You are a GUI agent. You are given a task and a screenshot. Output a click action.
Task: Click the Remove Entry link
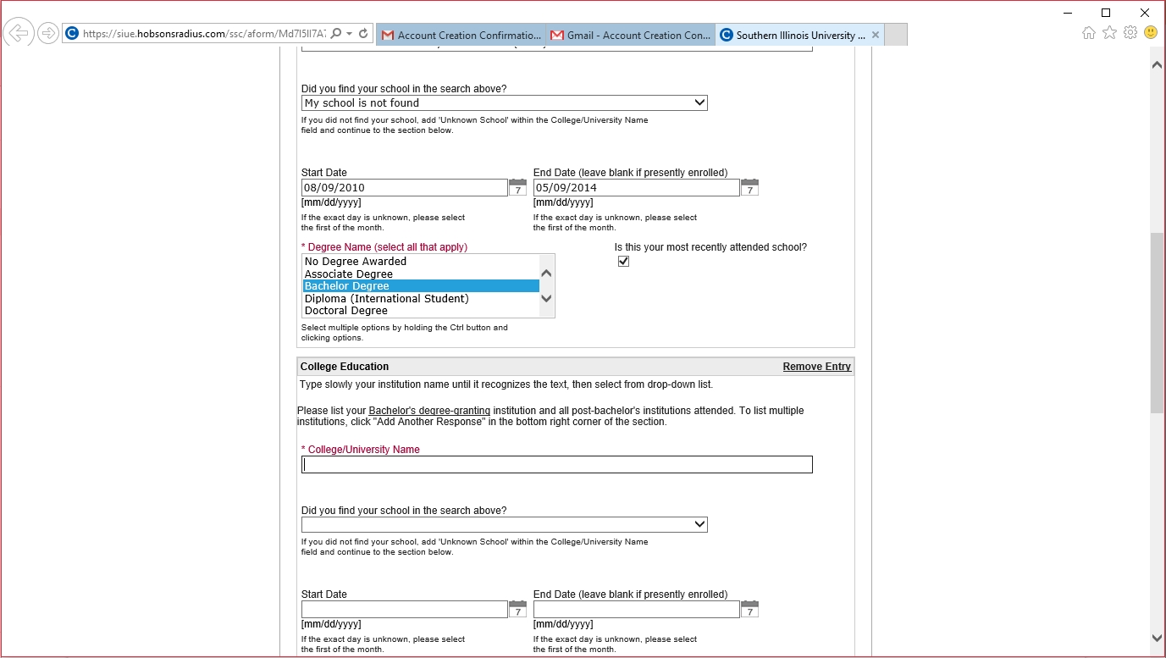click(x=816, y=367)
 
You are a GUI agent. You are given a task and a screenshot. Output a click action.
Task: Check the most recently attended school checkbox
click(x=624, y=262)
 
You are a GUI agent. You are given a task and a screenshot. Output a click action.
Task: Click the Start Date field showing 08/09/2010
click(x=404, y=188)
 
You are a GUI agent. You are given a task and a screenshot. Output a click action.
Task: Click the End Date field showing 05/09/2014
click(x=636, y=188)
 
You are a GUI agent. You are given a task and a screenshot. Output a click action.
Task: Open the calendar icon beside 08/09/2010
click(x=517, y=187)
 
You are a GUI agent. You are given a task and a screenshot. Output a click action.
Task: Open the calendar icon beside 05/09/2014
click(x=749, y=187)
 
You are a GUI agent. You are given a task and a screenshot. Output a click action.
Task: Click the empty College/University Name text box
click(x=556, y=465)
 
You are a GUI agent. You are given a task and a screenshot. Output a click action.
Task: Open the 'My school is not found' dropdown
click(x=504, y=103)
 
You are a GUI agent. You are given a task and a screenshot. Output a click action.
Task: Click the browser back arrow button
click(x=18, y=34)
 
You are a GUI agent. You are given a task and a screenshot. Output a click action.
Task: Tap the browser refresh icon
click(x=363, y=34)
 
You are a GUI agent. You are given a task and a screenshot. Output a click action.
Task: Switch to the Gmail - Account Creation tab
click(x=631, y=36)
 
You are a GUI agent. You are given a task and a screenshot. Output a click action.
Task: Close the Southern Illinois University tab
click(x=876, y=36)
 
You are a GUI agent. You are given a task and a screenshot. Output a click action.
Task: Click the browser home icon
click(x=1089, y=33)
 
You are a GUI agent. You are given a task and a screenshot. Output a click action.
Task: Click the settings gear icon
click(x=1130, y=33)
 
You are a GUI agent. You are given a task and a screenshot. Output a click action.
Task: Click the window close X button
click(x=1145, y=13)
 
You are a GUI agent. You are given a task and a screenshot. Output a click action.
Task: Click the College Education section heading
click(x=345, y=367)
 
